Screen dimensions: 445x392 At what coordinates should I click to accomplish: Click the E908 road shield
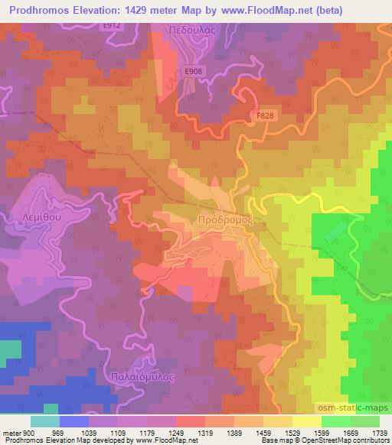(x=194, y=70)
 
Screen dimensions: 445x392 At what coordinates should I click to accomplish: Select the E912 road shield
(x=113, y=24)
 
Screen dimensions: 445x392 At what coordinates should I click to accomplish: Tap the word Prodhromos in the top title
(x=38, y=10)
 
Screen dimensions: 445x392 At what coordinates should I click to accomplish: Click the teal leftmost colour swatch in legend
(x=44, y=421)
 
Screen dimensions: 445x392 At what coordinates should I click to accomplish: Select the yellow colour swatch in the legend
(x=305, y=421)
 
